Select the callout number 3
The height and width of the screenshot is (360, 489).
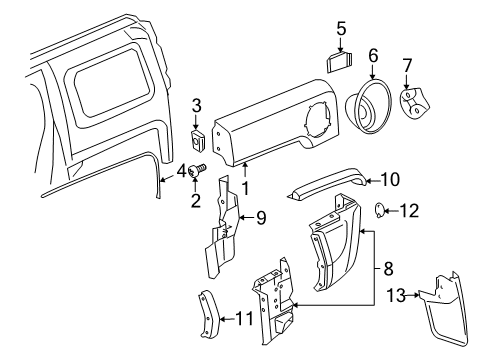point(196,104)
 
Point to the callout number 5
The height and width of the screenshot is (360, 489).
point(341,30)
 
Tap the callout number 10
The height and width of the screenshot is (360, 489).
point(389,180)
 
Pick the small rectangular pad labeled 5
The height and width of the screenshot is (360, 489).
point(337,58)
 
